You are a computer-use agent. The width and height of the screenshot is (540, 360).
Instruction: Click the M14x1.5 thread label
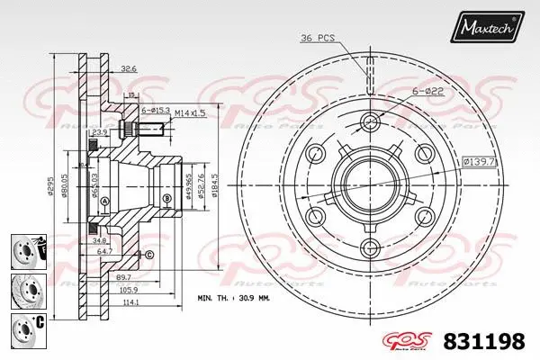click(x=191, y=112)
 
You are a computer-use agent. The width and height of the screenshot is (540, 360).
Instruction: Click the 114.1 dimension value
click(x=130, y=301)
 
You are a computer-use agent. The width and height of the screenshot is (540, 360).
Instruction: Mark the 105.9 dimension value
click(x=130, y=290)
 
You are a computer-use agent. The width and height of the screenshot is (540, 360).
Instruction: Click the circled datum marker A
click(x=103, y=200)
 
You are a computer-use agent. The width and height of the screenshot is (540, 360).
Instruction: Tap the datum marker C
click(x=148, y=255)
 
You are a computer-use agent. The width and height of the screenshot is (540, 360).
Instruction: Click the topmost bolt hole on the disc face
click(x=370, y=122)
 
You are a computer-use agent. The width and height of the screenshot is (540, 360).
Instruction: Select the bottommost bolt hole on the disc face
click(x=370, y=249)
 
